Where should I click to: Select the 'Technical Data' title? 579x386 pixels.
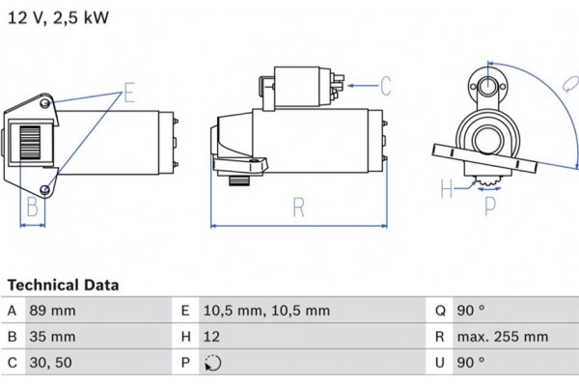coord(64,286)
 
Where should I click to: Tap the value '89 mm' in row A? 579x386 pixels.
coord(54,311)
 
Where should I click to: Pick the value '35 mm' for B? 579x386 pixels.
coord(54,337)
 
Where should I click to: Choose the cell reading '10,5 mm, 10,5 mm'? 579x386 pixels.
coord(266,311)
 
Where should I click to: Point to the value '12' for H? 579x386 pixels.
coord(211,337)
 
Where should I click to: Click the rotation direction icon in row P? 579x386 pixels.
coord(212,364)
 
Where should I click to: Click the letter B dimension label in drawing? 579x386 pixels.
coord(32,207)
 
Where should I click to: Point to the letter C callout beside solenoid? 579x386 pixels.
coord(384,87)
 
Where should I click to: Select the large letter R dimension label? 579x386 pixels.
coord(299,206)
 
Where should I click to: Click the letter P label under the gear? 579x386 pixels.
coord(489,205)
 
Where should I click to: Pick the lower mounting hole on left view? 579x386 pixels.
coord(46,188)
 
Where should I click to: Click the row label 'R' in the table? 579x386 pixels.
coord(438,337)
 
